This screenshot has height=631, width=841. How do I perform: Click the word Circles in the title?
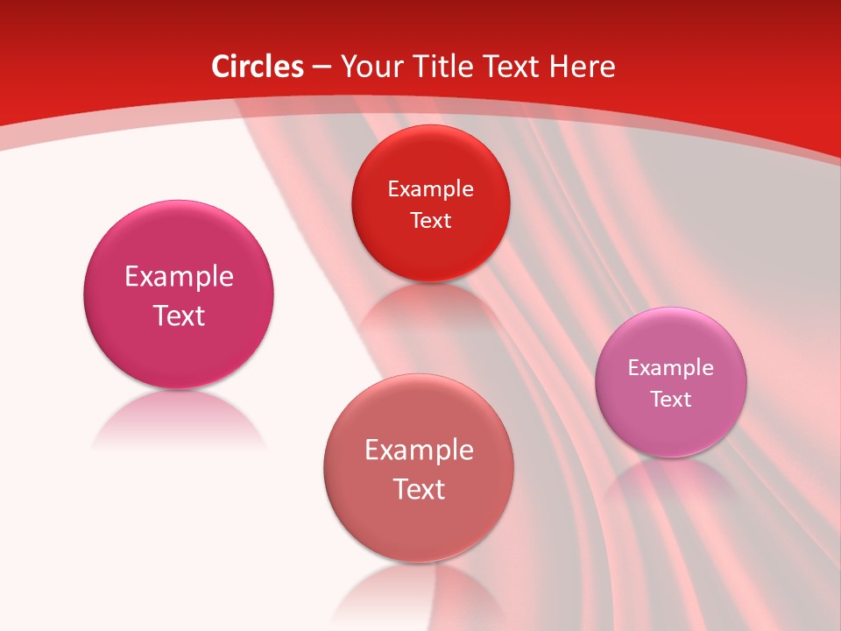point(258,67)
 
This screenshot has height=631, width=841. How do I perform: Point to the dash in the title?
point(322,67)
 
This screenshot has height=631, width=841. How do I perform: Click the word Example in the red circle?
point(430,188)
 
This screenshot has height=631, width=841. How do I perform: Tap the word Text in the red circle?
point(430,220)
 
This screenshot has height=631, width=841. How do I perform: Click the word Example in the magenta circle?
point(179,276)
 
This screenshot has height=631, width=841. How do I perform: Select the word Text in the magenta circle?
point(179,315)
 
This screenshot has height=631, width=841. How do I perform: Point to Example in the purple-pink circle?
point(671,367)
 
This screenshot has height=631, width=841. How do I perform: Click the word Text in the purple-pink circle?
point(671,399)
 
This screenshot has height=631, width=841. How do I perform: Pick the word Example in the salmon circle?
point(419,450)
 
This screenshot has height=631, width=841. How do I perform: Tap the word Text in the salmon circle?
point(419,489)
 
